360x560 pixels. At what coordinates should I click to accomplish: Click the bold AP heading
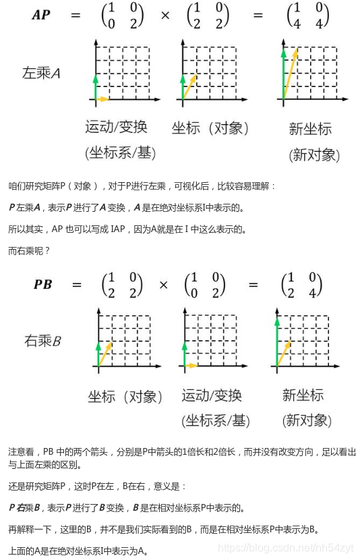[x=41, y=15]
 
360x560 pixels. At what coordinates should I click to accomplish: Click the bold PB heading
[x=42, y=284]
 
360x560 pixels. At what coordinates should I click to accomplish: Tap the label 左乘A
[x=41, y=74]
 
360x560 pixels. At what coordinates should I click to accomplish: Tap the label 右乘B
[x=42, y=341]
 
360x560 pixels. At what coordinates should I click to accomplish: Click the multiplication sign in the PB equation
[x=163, y=284]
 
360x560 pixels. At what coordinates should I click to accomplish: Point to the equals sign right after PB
[x=77, y=284]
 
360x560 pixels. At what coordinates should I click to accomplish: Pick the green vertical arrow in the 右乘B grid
[x=98, y=354]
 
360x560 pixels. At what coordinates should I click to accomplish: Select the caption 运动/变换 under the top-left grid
[x=116, y=127]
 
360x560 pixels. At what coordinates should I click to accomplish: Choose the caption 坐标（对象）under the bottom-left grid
[x=125, y=397]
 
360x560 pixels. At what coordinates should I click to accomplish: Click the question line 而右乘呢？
[x=28, y=250]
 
